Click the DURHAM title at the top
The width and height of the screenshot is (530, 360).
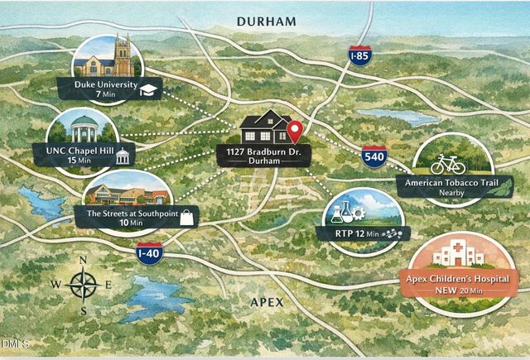click(265, 22)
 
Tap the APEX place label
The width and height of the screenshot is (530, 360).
click(267, 303)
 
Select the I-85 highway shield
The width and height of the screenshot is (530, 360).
click(359, 57)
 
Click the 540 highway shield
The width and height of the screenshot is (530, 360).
click(373, 156)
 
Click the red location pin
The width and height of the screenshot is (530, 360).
click(296, 131)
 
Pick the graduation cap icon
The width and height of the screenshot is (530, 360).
click(149, 89)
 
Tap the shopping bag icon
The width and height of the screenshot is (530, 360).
click(187, 218)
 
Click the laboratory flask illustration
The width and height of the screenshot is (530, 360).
click(340, 212)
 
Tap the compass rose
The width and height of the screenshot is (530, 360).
click(83, 286)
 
